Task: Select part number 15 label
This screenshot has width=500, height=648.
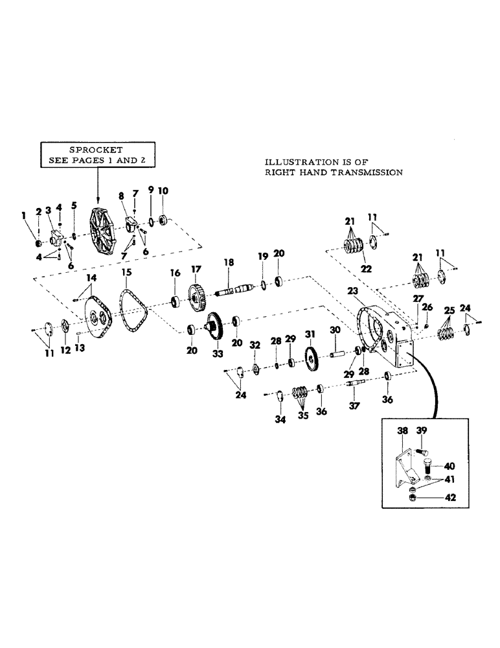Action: (x=126, y=273)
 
